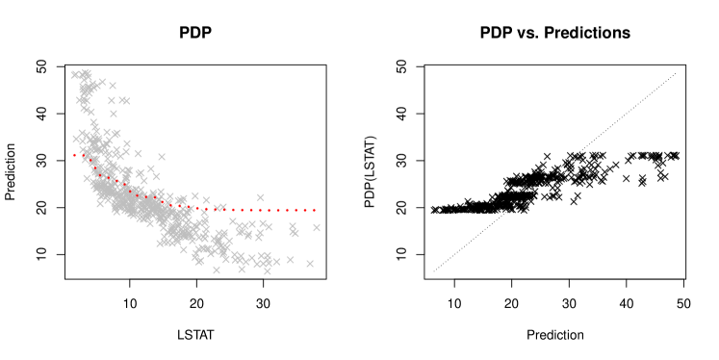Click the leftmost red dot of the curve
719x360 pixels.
tap(74, 155)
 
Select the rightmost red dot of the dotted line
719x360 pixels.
tap(314, 210)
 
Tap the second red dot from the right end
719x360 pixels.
tap(305, 210)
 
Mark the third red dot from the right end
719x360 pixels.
tap(295, 210)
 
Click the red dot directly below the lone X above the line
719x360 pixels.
tap(260, 210)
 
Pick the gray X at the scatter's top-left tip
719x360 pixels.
tap(75, 74)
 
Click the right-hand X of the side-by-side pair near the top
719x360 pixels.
tap(125, 100)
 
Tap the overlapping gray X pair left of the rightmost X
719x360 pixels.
tap(294, 230)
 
